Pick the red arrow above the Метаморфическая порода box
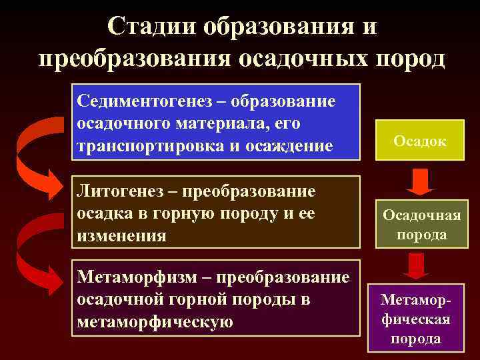pyautogui.click(x=416, y=265)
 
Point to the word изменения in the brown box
pyautogui.click(x=122, y=235)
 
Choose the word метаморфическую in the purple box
pyautogui.click(x=155, y=322)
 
